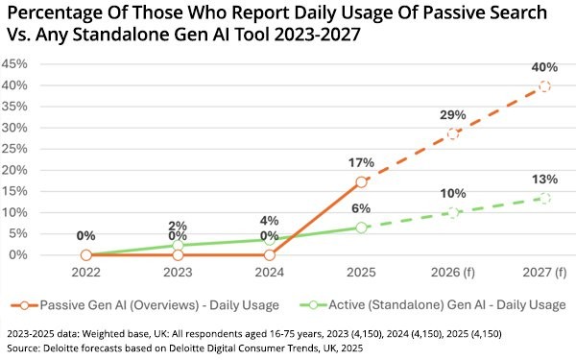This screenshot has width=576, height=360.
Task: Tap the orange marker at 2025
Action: click(x=362, y=181)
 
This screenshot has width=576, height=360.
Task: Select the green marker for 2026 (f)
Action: click(x=453, y=212)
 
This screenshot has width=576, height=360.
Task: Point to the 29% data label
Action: click(x=453, y=114)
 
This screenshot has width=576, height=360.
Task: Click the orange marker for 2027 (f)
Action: click(x=545, y=86)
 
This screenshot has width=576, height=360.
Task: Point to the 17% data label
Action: click(x=362, y=161)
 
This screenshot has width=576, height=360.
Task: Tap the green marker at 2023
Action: click(x=179, y=246)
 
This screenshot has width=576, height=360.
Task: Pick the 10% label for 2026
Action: click(x=453, y=193)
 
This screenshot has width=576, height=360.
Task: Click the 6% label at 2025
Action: click(x=362, y=207)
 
